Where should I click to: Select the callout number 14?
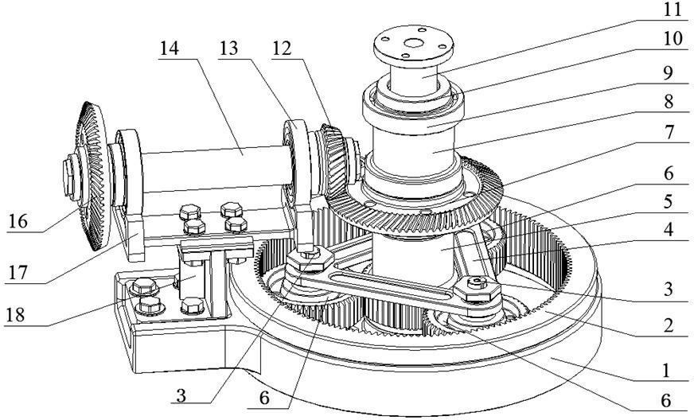[x=169, y=49]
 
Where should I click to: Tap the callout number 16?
[x=18, y=221]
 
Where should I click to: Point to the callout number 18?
[x=15, y=315]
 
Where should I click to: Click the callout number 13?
[x=228, y=49]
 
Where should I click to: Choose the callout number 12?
[x=282, y=49]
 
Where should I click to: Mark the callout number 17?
[x=18, y=272]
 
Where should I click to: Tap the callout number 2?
[x=669, y=325]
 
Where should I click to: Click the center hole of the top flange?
[x=414, y=44]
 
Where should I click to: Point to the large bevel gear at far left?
[x=92, y=176]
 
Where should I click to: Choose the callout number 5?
[x=669, y=201]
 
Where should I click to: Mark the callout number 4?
[x=669, y=230]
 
